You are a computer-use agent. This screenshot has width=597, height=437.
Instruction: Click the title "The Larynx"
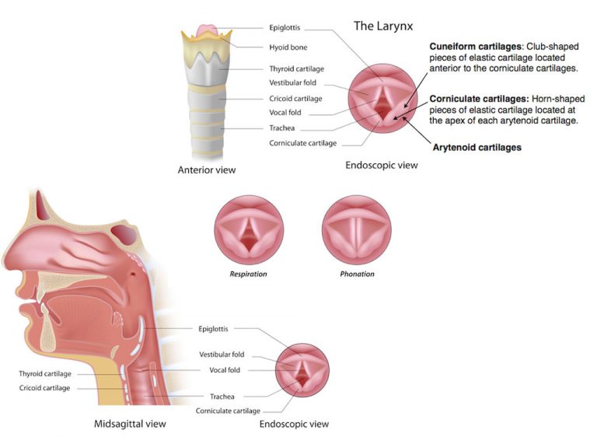[x=382, y=26]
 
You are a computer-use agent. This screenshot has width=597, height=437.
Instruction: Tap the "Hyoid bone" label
[x=288, y=47]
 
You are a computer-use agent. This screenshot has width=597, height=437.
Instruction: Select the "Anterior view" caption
[x=206, y=170]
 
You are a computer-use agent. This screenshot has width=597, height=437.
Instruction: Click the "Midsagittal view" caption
[x=130, y=424]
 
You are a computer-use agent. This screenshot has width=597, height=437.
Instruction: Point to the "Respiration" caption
[x=248, y=274]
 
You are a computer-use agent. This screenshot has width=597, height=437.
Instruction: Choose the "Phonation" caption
[x=357, y=274]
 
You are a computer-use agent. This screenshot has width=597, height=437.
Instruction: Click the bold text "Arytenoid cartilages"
[x=478, y=147]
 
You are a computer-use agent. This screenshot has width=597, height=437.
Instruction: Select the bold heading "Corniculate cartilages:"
[x=479, y=99]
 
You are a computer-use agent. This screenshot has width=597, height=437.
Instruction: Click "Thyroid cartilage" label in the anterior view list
[x=297, y=68]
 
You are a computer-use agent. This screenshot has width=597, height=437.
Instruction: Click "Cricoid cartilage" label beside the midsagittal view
[x=44, y=387]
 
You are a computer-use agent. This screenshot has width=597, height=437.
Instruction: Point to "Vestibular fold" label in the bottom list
[x=222, y=355]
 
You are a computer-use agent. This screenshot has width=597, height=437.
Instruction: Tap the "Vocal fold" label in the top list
[x=285, y=113]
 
